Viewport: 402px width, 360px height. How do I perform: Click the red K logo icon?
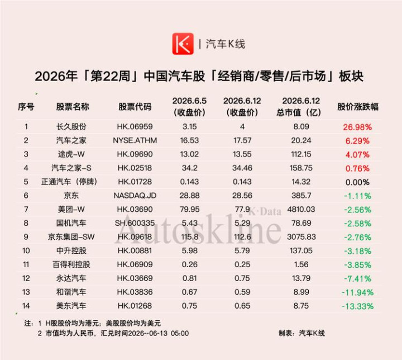183,44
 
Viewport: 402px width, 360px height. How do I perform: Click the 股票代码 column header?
135,107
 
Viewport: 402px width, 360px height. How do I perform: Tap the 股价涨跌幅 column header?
358,107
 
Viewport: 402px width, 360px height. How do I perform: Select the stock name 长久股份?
71,126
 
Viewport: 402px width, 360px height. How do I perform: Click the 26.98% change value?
357,127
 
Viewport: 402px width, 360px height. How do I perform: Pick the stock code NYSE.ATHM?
135,140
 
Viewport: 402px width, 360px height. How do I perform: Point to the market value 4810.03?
301,209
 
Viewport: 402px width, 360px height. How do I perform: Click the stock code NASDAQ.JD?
135,196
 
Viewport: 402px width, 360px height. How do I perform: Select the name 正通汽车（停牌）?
69,182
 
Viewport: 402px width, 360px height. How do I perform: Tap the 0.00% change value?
357,182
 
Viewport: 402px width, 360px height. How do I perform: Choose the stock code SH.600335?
135,223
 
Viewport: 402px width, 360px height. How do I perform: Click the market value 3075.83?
301,237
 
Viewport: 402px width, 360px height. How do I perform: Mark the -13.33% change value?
357,306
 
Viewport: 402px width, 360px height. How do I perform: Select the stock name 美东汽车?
71,306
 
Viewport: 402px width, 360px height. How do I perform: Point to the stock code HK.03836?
135,292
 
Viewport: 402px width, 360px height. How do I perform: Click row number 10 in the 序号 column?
26,250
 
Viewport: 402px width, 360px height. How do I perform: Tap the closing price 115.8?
190,237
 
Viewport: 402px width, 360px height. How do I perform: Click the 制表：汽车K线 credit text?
301,333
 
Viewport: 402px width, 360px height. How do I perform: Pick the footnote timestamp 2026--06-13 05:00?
159,333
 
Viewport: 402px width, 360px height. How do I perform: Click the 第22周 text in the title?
110,76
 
